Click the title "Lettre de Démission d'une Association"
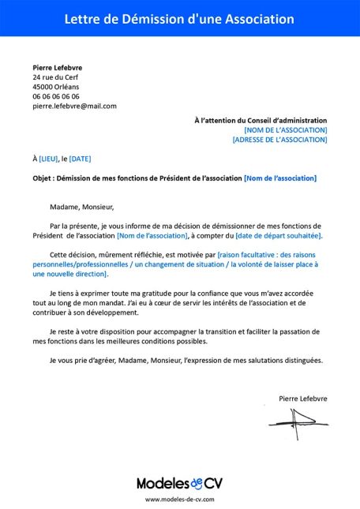(179, 18)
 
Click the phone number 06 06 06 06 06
(56, 96)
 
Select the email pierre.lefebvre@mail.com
(74, 106)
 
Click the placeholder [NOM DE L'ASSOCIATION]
(285, 130)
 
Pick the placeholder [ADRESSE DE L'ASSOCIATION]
(279, 140)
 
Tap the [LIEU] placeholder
(48, 159)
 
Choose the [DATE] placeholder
(81, 159)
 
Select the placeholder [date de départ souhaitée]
(279, 236)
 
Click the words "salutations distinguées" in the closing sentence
(283, 360)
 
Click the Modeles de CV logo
(179, 483)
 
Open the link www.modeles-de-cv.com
(179, 500)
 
